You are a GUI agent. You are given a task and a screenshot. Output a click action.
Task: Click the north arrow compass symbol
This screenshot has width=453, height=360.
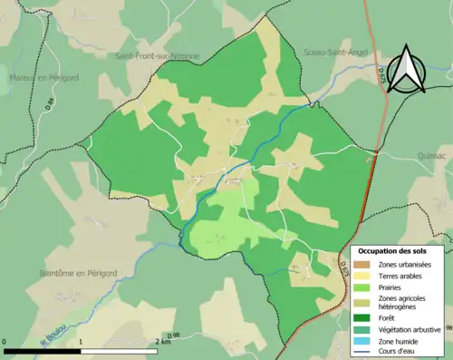click(x=415, y=70)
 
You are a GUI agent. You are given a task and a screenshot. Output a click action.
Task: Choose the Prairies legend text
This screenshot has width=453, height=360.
click(x=392, y=286)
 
